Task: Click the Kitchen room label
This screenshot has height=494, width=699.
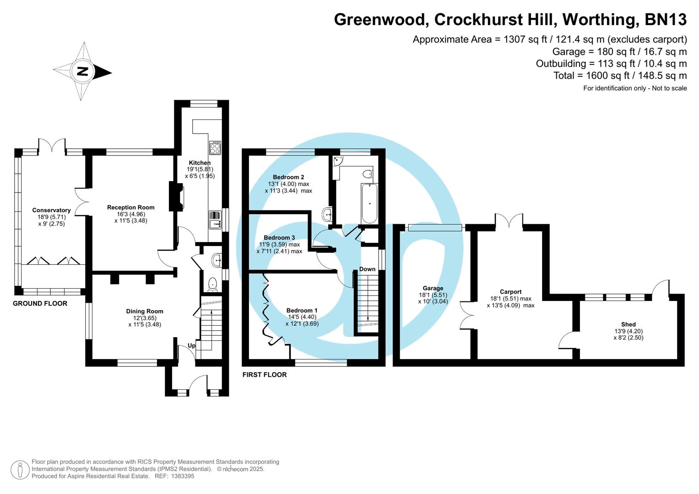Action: [x=200, y=163]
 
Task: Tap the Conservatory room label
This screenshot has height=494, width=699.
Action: [x=51, y=210]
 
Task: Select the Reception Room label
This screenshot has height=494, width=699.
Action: [x=130, y=207]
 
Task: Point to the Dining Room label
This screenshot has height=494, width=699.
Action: [x=145, y=311]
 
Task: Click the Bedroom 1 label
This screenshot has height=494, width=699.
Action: [x=302, y=310]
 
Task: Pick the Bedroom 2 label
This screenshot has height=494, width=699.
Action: [x=288, y=177]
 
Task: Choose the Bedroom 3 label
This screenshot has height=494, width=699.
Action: [x=279, y=237]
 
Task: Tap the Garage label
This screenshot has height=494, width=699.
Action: [x=433, y=288]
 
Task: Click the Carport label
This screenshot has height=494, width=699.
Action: [x=510, y=292]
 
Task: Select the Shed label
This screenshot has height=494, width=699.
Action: [x=628, y=324]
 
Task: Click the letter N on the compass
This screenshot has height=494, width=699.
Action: [x=82, y=71]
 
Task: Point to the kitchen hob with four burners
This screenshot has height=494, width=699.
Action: [x=215, y=147]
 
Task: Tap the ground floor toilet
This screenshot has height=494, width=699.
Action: [x=212, y=284]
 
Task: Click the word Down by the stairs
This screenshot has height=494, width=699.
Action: [x=367, y=269]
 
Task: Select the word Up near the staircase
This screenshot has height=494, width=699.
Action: [x=191, y=346]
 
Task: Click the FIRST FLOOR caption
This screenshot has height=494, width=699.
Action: [x=264, y=375]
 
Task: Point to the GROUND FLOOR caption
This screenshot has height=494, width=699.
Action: [x=40, y=303]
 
